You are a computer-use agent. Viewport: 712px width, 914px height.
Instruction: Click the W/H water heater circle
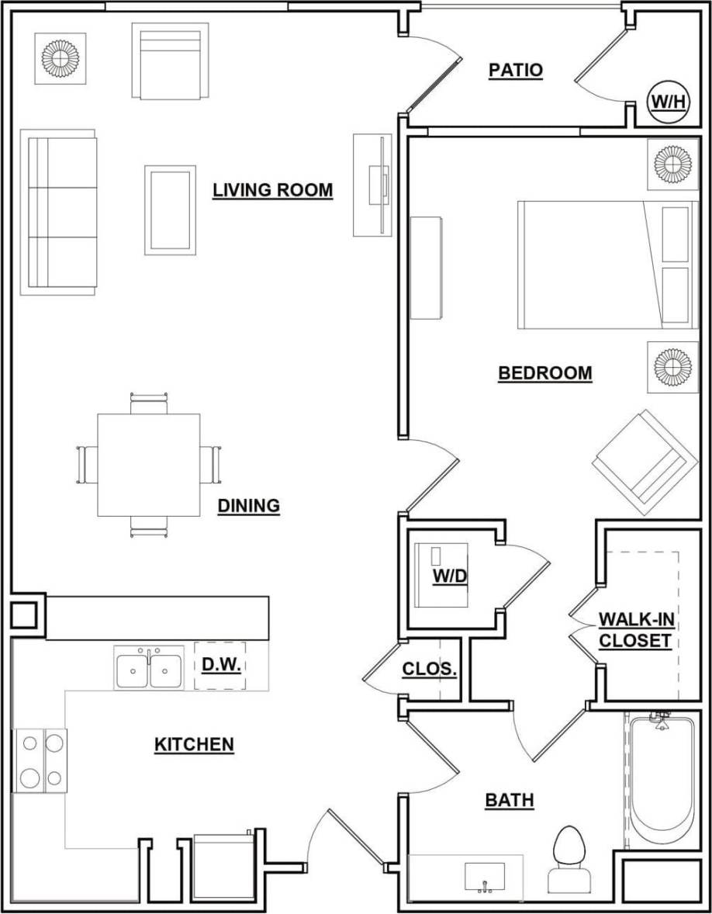[x=669, y=103]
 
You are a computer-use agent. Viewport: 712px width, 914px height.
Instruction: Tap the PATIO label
[x=515, y=71]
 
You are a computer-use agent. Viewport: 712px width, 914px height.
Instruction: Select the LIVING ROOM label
[x=273, y=190]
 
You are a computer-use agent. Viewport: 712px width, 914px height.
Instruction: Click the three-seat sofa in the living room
[x=59, y=212]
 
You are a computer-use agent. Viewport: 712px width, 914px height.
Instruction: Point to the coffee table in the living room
[x=170, y=209]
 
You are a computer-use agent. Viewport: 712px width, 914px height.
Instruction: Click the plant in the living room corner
[x=59, y=58]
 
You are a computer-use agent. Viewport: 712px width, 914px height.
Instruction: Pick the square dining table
[x=148, y=465]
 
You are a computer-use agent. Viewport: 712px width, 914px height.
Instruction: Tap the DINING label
[x=248, y=506]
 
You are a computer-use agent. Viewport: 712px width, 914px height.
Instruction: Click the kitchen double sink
[x=149, y=669]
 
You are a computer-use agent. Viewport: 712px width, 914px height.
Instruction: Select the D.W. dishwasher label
[x=219, y=666]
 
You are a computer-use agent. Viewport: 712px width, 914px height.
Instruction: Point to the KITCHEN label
[x=194, y=745]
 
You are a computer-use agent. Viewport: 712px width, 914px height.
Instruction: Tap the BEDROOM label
[x=544, y=373]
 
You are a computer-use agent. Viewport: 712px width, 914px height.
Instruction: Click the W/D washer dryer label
[x=446, y=576]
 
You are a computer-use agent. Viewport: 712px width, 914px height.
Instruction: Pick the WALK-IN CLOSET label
[x=634, y=630]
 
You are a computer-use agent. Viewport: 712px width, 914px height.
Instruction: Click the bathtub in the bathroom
[x=661, y=784]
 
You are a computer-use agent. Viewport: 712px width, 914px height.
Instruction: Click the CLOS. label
[x=429, y=670]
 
